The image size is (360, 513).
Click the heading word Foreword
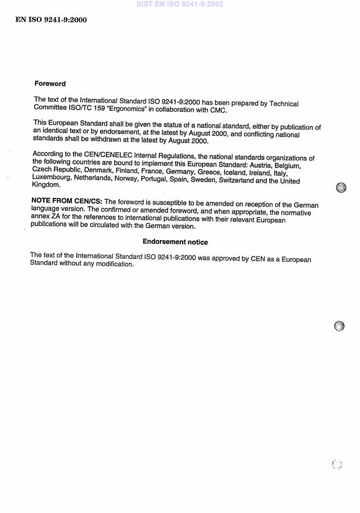pos(50,84)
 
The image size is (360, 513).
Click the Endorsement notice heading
pos(175,242)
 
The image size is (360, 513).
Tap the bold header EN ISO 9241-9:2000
pos(51,20)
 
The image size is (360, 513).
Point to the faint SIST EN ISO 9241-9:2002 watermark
pos(180,4)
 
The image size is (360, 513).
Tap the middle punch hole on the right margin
pos(340,326)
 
